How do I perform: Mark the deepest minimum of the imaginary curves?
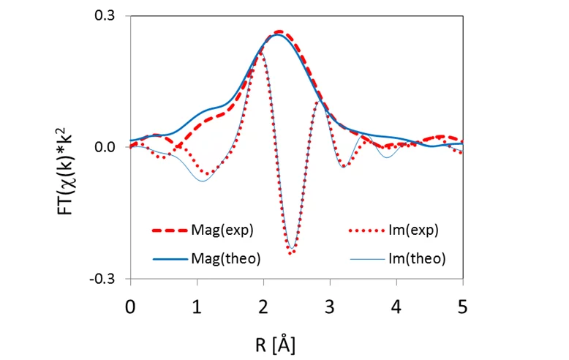291,253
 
